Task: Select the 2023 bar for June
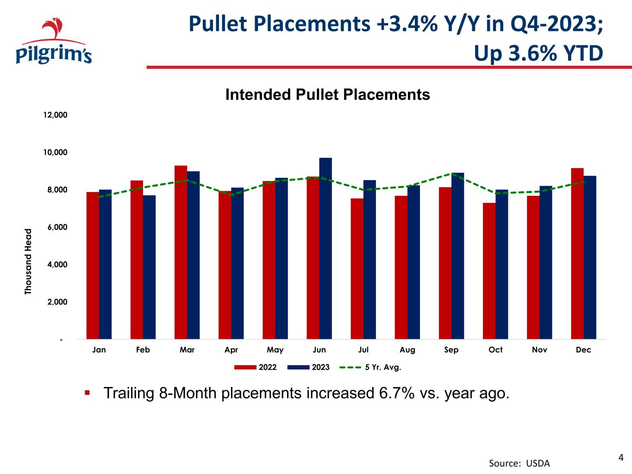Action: tap(325, 249)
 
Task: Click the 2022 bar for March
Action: tap(181, 252)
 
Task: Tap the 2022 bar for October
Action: tap(489, 271)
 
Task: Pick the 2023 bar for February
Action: tap(150, 267)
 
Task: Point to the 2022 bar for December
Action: tap(577, 254)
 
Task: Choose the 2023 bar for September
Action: tap(458, 256)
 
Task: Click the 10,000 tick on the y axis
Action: tap(55, 152)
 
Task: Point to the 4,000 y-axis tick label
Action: tap(57, 264)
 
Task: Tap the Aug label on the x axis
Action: tap(407, 350)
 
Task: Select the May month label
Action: tap(275, 350)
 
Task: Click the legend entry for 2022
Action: tap(256, 367)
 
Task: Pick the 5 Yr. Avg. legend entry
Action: tap(370, 367)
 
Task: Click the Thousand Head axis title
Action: tap(28, 262)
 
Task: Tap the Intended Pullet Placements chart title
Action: tap(328, 94)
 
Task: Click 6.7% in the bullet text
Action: tap(397, 393)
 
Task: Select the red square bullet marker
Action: tap(88, 393)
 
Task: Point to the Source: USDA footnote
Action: tap(519, 463)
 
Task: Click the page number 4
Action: tap(621, 458)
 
